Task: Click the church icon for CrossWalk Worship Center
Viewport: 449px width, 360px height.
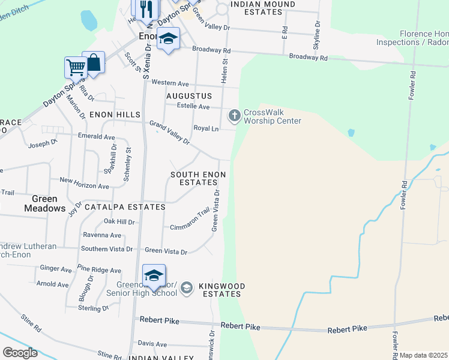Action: (x=234, y=114)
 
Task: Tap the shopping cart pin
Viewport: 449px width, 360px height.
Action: (x=76, y=67)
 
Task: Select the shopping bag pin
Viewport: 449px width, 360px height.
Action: (x=94, y=62)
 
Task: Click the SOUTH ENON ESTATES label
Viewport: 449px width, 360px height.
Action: (x=198, y=178)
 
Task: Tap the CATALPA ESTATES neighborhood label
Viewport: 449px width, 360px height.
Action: (x=125, y=207)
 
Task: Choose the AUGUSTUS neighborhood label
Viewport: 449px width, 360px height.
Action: (x=189, y=96)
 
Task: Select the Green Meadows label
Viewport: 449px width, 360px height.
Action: (x=44, y=203)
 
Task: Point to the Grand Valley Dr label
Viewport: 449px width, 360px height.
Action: (x=170, y=133)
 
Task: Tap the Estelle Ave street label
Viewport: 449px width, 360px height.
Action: (x=193, y=107)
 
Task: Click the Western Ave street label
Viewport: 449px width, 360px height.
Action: (x=170, y=83)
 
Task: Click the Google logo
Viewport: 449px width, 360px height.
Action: (x=20, y=353)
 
